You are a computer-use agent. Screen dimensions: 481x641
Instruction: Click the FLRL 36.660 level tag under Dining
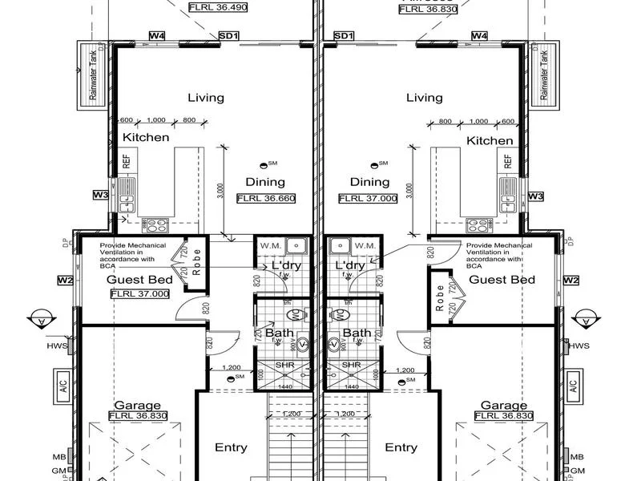click(x=265, y=198)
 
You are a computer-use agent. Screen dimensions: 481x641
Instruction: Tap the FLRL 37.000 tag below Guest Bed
click(x=140, y=294)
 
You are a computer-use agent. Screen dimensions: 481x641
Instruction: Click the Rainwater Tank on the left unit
click(x=90, y=76)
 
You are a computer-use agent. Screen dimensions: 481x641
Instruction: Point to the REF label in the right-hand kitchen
click(x=507, y=161)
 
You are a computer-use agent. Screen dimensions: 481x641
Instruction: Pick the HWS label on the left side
click(x=57, y=346)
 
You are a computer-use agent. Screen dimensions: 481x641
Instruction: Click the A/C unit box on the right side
click(x=573, y=383)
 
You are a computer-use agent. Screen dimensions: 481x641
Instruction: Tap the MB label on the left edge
click(x=59, y=456)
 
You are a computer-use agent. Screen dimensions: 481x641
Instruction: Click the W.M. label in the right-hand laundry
click(x=365, y=245)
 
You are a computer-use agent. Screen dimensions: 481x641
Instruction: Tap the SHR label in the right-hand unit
click(x=350, y=365)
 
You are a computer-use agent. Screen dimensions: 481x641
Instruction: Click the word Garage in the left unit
click(x=138, y=406)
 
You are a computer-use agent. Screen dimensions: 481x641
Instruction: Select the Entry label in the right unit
click(x=401, y=448)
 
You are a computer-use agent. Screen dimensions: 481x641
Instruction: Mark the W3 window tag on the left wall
click(x=100, y=195)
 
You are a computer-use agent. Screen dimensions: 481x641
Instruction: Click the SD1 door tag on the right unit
click(x=344, y=36)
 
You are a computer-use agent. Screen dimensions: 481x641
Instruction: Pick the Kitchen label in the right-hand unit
click(x=490, y=139)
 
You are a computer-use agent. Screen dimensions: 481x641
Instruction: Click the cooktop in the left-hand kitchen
click(x=154, y=224)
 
